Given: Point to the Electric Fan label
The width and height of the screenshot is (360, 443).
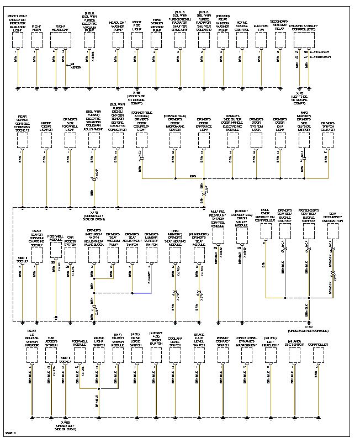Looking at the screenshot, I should [261, 27].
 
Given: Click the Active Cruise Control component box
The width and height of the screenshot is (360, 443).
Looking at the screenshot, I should [242, 38].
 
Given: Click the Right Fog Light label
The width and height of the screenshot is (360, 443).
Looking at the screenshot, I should [137, 27].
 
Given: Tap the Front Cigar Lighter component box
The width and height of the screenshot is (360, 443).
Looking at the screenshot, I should [46, 140].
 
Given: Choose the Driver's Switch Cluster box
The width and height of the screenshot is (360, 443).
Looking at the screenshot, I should [327, 140].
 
